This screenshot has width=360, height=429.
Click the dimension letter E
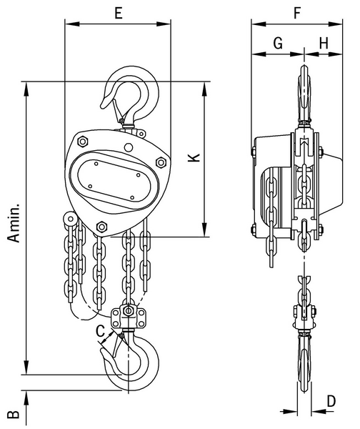click(119, 13)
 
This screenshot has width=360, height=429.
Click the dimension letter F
click(297, 13)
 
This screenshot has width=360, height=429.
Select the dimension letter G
click(278, 43)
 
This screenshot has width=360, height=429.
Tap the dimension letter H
click(324, 43)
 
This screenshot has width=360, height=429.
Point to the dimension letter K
click(194, 157)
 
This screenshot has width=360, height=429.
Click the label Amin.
click(14, 223)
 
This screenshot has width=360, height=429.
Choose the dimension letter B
click(13, 415)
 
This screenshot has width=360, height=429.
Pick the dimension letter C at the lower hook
click(100, 331)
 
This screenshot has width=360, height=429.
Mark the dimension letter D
click(331, 402)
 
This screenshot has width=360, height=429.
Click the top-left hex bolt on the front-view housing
click(82, 142)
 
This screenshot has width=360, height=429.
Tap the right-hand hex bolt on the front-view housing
click(161, 162)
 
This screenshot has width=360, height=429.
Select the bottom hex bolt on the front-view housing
click(101, 227)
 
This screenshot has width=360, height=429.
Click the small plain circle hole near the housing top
click(128, 147)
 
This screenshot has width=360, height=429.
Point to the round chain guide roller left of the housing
click(71, 219)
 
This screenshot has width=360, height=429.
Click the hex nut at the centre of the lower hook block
click(128, 311)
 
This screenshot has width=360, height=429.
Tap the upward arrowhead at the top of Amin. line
click(26, 89)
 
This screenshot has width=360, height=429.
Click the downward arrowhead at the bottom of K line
click(204, 230)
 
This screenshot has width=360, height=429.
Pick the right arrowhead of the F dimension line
click(335, 24)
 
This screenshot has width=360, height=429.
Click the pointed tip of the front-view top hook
click(102, 107)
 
